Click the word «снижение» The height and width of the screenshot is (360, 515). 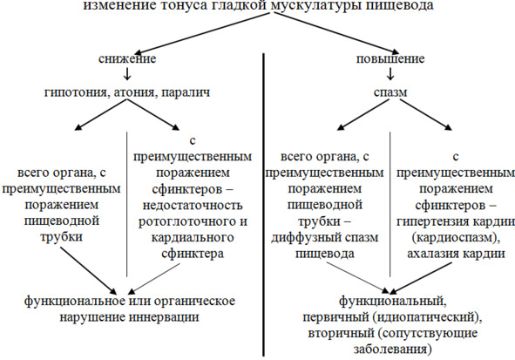pos(127,58)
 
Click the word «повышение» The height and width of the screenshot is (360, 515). pos(390,58)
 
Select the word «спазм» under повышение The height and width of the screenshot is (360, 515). pos(390,92)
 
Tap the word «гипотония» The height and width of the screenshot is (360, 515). pos(77,92)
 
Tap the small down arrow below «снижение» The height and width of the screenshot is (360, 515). pos(127,74)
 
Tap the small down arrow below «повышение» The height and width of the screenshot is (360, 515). pos(390,74)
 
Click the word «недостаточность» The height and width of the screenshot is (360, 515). pos(193,206)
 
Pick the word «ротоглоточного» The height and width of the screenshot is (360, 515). pos(183,221)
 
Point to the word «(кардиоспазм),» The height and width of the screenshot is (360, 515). pos(456,238)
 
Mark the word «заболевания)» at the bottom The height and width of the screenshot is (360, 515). pos(392,349)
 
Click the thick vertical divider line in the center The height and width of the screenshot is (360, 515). pos(263,204)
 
